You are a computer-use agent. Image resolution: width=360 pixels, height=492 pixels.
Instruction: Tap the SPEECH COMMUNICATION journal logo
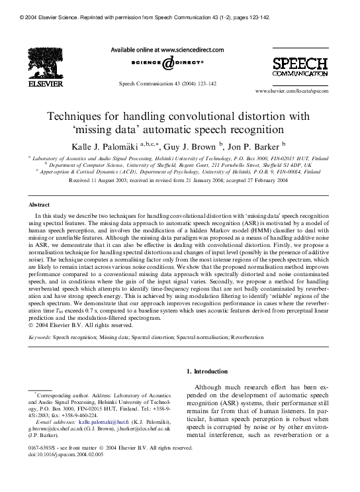(x=300, y=68)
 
